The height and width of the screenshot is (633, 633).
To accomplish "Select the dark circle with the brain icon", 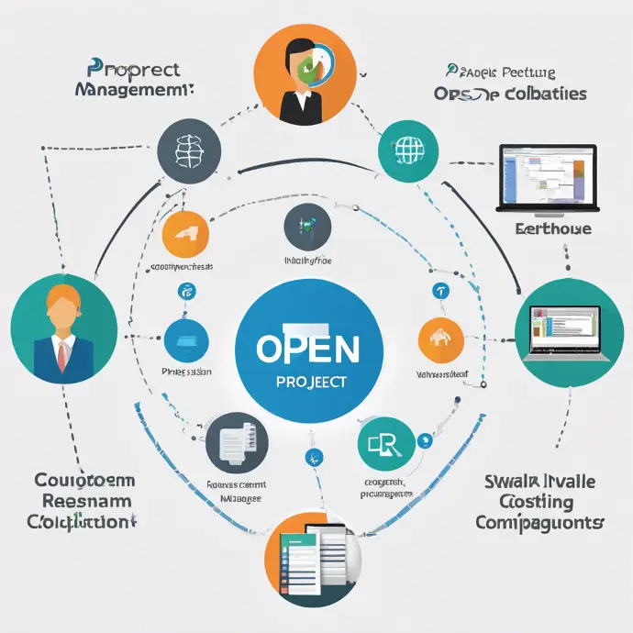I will pos(189,149).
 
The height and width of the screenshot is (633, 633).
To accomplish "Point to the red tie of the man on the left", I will pos(62,353).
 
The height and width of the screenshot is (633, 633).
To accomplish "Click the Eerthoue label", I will pos(553,228).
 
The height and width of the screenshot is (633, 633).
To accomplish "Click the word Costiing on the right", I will pos(537,502).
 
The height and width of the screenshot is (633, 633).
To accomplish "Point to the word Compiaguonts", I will pos(539,523).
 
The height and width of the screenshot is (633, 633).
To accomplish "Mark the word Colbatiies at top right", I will pos(535,94).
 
